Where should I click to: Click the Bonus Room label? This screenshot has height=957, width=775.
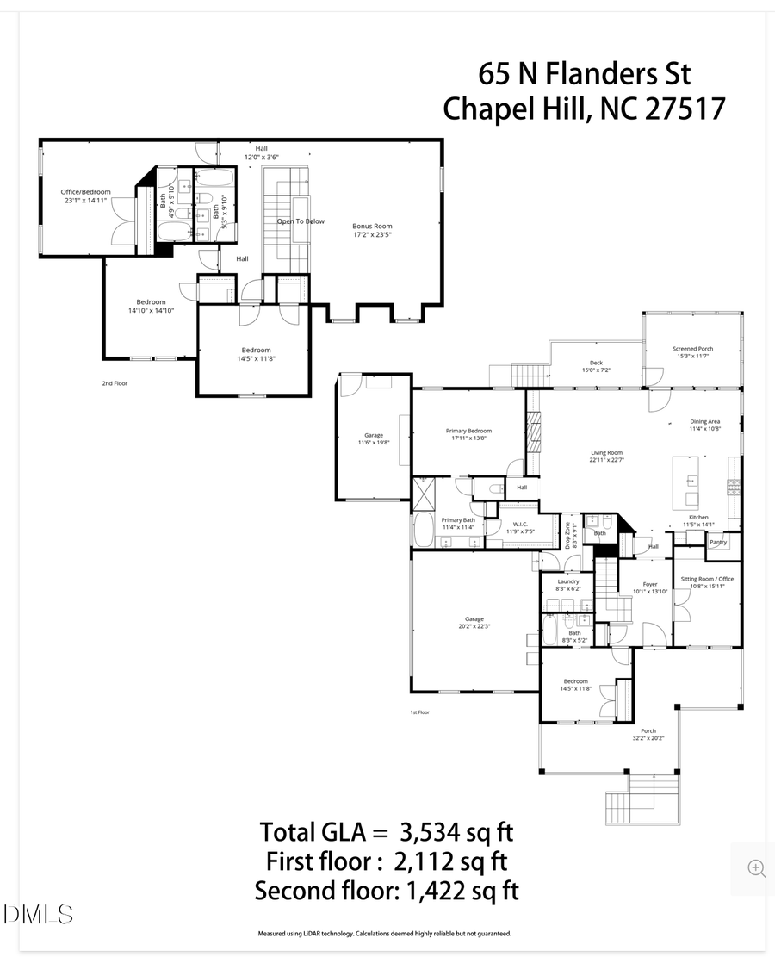coord(372,226)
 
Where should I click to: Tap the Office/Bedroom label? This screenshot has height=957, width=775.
coord(85,192)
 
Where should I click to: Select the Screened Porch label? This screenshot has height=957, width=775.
coord(692,349)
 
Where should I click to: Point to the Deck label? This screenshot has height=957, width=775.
coord(595,363)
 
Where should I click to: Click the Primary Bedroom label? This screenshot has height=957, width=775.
coord(468,431)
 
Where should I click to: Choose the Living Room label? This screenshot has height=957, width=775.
coord(606,452)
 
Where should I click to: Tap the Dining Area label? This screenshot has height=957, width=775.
coord(704,422)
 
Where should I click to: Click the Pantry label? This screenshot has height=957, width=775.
coord(718,543)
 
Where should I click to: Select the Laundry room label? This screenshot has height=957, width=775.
coord(567,581)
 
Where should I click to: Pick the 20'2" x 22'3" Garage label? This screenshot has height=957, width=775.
coord(474,619)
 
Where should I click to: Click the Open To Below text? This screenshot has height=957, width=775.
coord(301,221)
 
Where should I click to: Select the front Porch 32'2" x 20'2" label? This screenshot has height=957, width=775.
coord(648,731)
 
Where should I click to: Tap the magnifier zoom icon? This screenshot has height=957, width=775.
coord(756,867)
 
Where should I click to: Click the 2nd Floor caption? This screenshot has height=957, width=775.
coord(115,383)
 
